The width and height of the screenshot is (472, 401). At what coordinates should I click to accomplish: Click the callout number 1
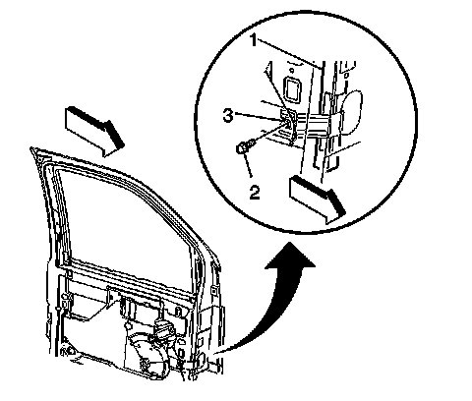[x=254, y=40]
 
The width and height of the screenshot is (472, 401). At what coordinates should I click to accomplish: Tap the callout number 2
[x=255, y=192]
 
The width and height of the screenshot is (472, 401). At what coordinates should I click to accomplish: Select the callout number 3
[x=228, y=116]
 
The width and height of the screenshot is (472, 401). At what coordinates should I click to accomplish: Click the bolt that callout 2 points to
[x=244, y=147]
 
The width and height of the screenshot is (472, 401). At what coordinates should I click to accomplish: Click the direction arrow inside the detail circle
[x=317, y=200]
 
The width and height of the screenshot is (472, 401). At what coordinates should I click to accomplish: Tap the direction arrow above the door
[x=95, y=131]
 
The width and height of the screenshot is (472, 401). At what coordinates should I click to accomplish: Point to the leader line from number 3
[x=259, y=118]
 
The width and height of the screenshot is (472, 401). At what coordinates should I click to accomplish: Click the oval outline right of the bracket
[x=351, y=112]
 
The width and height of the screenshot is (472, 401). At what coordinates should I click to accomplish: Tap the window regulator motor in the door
[x=147, y=356]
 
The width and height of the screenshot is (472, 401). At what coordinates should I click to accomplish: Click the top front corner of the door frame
[x=32, y=149]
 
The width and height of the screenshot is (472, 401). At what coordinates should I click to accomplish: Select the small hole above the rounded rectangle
[x=291, y=70]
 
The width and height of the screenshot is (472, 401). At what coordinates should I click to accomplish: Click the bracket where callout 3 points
[x=288, y=122]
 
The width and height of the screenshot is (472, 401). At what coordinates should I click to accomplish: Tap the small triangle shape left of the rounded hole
[x=268, y=68]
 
